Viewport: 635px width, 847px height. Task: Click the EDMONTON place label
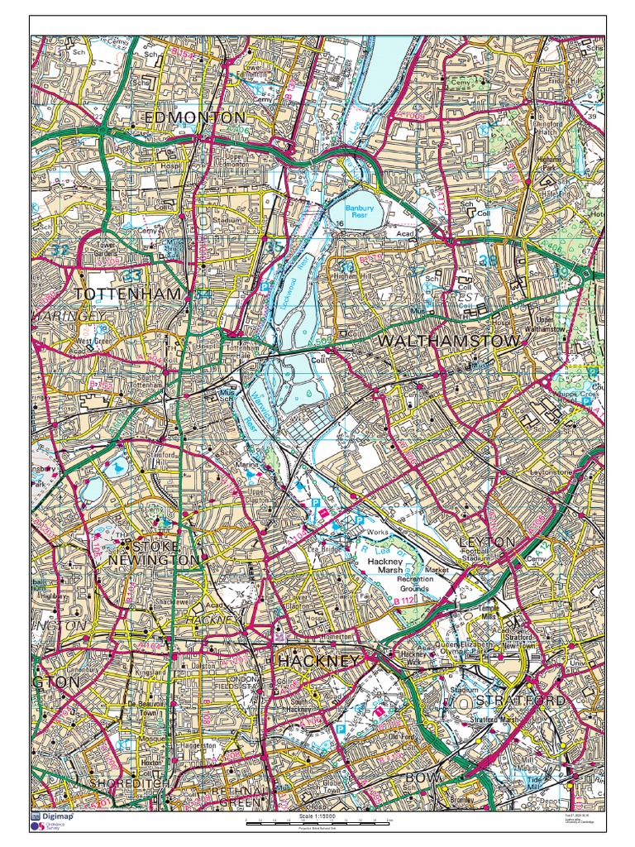click(x=195, y=117)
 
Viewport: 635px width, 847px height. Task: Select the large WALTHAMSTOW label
click(x=449, y=341)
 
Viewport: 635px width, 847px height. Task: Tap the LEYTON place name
click(x=488, y=542)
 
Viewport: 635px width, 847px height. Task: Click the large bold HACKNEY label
click(x=319, y=661)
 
